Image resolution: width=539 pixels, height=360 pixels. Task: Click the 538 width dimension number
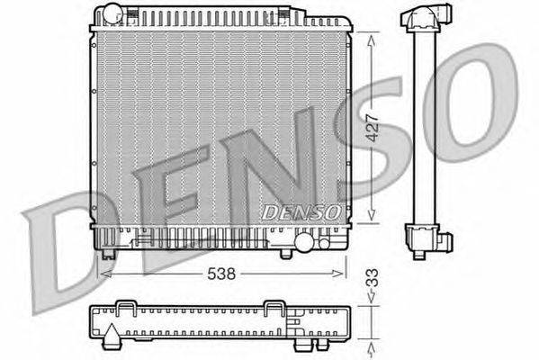point(221,274)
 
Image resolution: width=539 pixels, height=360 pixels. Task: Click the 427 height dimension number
point(373,128)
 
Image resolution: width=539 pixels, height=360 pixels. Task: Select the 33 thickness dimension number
point(373,278)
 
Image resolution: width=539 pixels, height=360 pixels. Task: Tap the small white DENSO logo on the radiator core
point(301,212)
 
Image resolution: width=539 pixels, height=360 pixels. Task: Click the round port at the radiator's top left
point(113,13)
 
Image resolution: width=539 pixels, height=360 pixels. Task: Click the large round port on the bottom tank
point(304,242)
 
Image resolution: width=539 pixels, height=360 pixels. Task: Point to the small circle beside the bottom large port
point(324,243)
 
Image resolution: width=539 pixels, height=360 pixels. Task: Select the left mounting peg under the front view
point(109,254)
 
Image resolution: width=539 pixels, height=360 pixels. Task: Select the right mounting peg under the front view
point(285,255)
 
